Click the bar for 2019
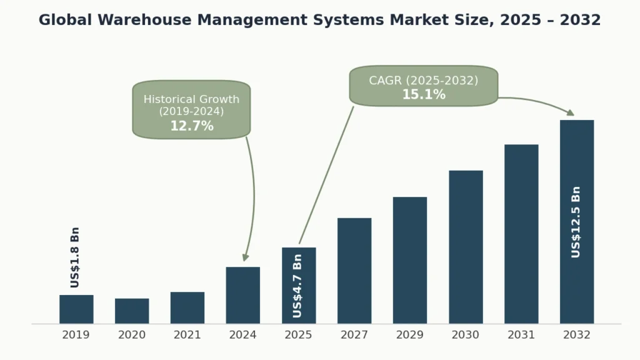pyautogui.click(x=76, y=309)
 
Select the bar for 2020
pyautogui.click(x=132, y=311)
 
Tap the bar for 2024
pyautogui.click(x=243, y=295)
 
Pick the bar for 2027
pyautogui.click(x=354, y=271)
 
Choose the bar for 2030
pyautogui.click(x=466, y=247)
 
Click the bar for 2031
pyautogui.click(x=521, y=234)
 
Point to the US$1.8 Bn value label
pyautogui.click(x=75, y=257)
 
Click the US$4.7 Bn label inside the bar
pyautogui.click(x=298, y=285)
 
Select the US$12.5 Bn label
pyautogui.click(x=576, y=222)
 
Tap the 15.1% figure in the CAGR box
pyautogui.click(x=424, y=95)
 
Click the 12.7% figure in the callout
pyautogui.click(x=192, y=126)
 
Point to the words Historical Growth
pyautogui.click(x=191, y=99)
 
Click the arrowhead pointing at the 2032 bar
pyautogui.click(x=570, y=112)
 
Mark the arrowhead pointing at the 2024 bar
pyautogui.click(x=246, y=257)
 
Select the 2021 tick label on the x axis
pyautogui.click(x=187, y=336)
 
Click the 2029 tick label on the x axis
pyautogui.click(x=410, y=336)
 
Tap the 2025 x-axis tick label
pyautogui.click(x=299, y=336)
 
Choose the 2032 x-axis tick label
pyautogui.click(x=576, y=336)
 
